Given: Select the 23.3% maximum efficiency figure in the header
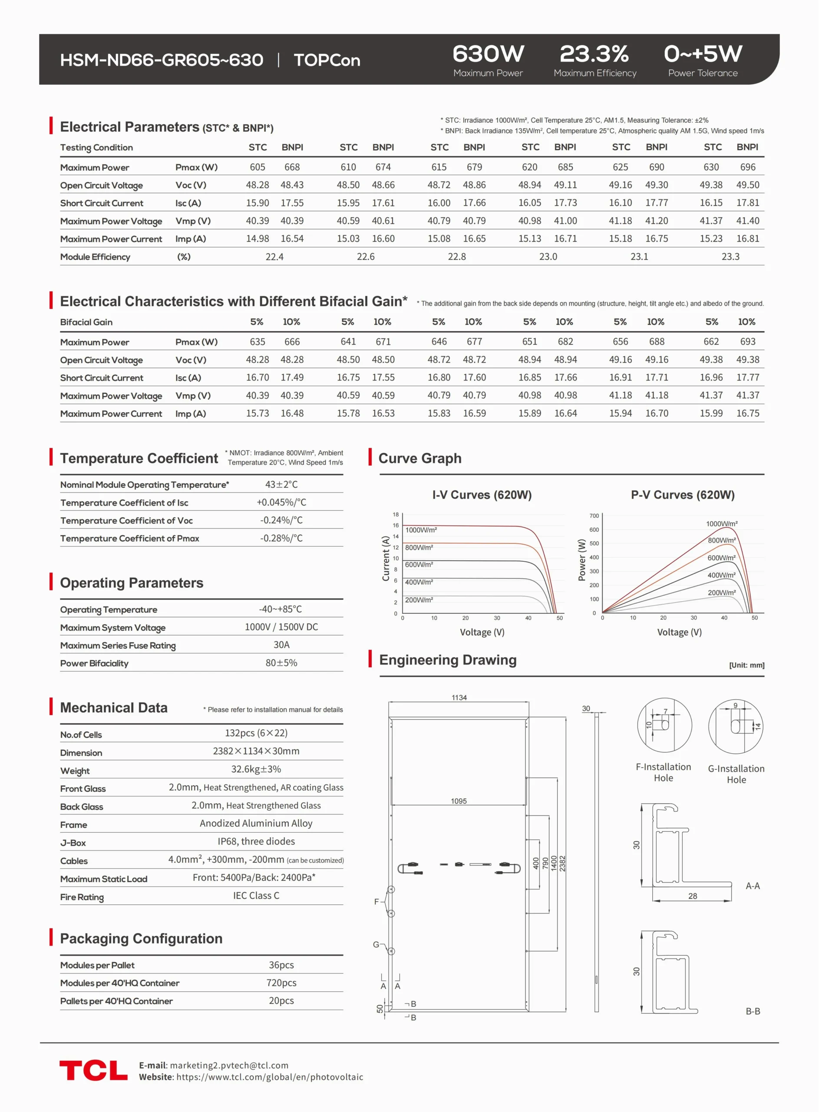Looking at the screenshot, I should (594, 54).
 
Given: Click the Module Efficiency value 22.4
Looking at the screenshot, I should (274, 257).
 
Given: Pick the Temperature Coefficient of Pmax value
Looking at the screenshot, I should (281, 538).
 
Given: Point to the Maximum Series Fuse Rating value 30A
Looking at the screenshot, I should (281, 645).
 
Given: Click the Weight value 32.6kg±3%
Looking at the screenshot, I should (256, 769).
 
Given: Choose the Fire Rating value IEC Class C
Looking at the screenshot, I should (256, 896).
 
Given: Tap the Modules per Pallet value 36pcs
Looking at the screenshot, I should (281, 965).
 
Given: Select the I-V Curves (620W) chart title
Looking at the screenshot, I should (482, 495).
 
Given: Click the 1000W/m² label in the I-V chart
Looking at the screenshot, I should (421, 530).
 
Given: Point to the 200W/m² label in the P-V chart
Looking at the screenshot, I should (721, 592).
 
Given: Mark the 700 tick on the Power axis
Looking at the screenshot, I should (594, 516).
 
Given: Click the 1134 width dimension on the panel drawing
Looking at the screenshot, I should (459, 698).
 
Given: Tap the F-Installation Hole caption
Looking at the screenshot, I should (664, 772).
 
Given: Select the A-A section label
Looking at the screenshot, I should (753, 886).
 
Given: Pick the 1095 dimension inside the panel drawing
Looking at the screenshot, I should (459, 801).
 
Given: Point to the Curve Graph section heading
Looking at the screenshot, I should (419, 459).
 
